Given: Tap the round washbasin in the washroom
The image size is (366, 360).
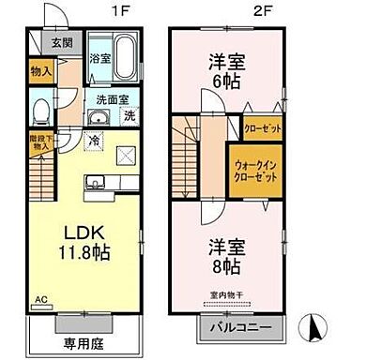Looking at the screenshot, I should [99, 117].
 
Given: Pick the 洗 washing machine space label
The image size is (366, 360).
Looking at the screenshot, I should [130, 117].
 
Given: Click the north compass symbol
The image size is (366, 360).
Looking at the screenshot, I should [315, 328].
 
